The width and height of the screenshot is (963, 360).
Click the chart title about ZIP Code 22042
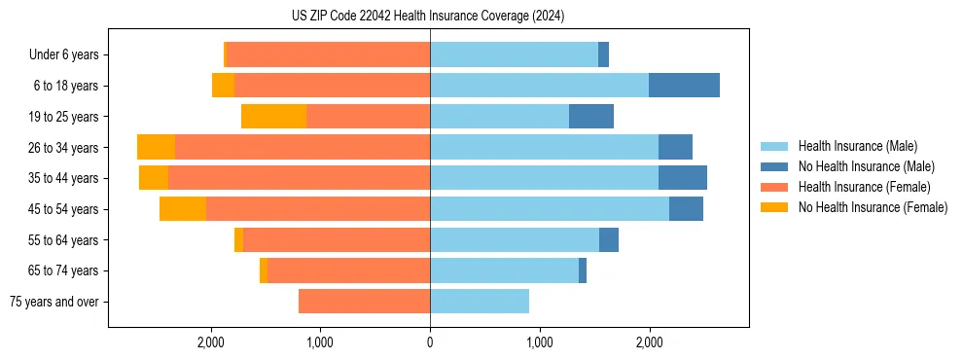click(x=428, y=16)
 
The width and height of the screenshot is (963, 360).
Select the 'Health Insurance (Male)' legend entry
click(x=857, y=146)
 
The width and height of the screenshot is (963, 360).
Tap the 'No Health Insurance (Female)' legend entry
click(x=873, y=207)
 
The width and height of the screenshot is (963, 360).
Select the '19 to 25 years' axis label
click(x=63, y=117)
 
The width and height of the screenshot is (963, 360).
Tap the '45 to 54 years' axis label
click(x=63, y=209)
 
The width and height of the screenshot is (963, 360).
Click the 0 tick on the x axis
click(x=430, y=342)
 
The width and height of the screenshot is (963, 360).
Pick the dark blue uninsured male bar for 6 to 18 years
click(x=684, y=86)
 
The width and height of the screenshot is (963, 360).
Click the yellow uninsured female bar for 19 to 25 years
click(x=273, y=117)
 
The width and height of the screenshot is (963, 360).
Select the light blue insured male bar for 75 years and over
click(x=480, y=302)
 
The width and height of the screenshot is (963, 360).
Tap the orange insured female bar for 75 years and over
click(x=364, y=302)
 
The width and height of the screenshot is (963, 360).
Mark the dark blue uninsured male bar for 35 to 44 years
click(x=682, y=178)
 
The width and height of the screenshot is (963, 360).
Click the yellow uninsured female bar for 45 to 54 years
click(x=183, y=209)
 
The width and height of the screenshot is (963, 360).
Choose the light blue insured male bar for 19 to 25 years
click(x=499, y=117)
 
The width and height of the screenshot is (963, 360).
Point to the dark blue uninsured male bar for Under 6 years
click(x=603, y=54)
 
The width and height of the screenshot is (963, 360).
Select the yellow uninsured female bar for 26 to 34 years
click(x=156, y=147)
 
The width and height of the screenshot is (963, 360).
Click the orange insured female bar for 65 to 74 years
click(x=348, y=270)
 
